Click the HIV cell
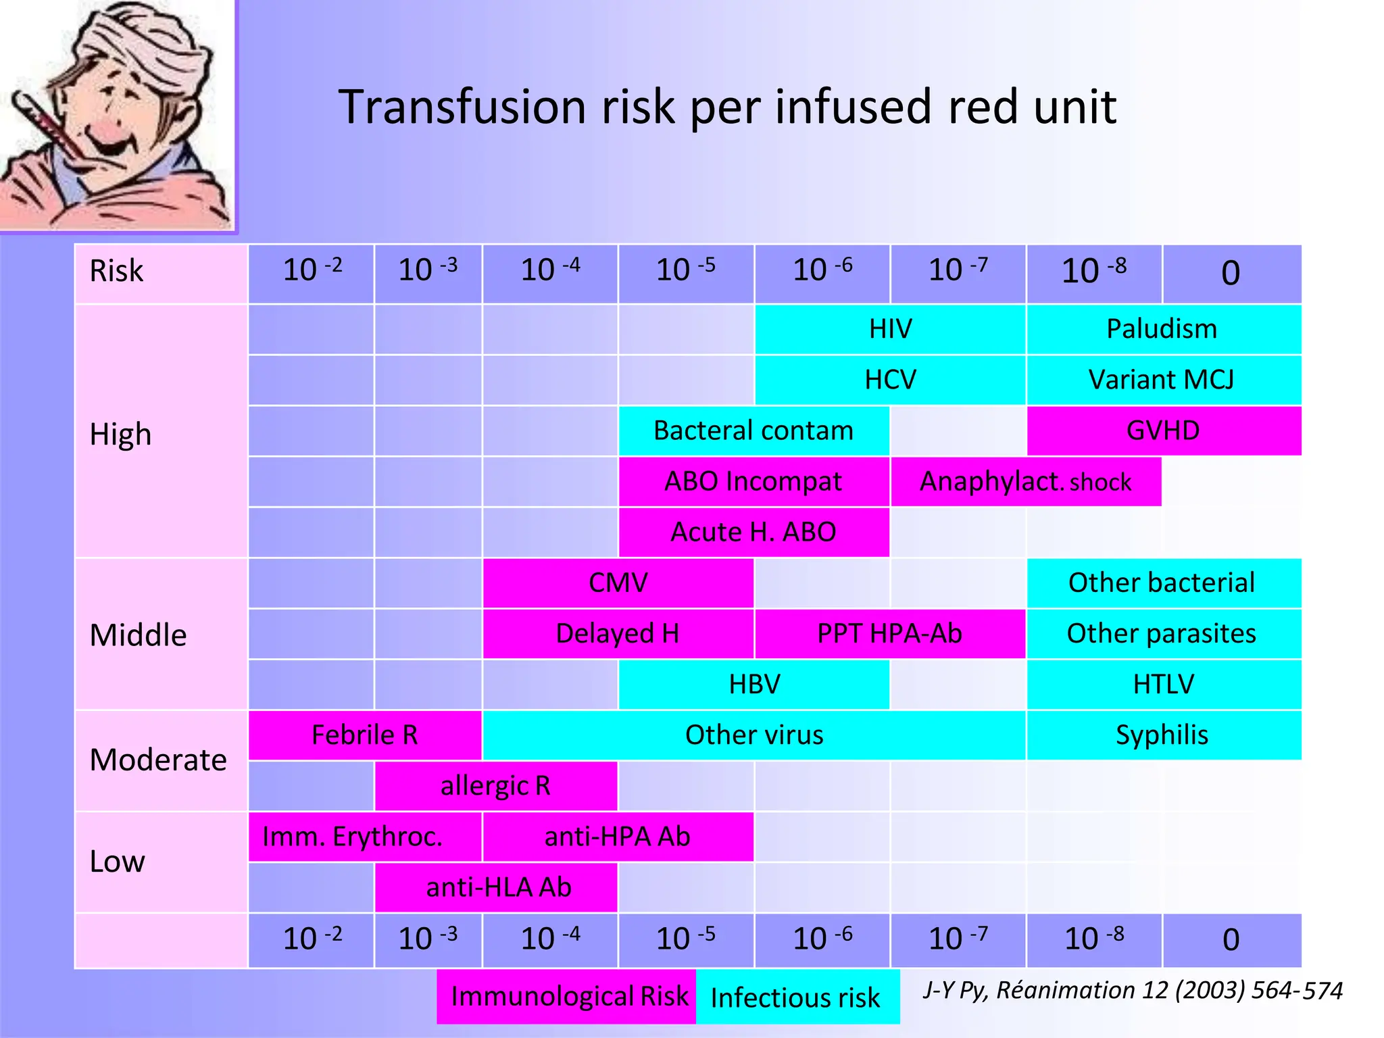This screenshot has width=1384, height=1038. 890,329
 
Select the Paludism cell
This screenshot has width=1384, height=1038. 1162,329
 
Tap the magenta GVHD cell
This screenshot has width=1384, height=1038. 1163,430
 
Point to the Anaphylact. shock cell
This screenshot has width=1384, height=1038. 1025,482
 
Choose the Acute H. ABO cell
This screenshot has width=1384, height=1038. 753,533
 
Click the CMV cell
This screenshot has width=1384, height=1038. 618,583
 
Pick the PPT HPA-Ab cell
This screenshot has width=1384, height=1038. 889,634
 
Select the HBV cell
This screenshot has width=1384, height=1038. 753,685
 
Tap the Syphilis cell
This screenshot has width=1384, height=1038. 1162,735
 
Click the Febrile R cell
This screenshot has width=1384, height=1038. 364,735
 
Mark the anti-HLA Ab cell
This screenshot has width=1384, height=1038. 498,887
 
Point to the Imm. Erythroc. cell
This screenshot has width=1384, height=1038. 352,837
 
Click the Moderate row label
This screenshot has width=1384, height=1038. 159,760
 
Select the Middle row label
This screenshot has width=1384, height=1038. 139,635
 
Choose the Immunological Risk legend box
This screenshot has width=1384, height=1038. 568,997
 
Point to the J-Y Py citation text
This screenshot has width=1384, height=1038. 1133,990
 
